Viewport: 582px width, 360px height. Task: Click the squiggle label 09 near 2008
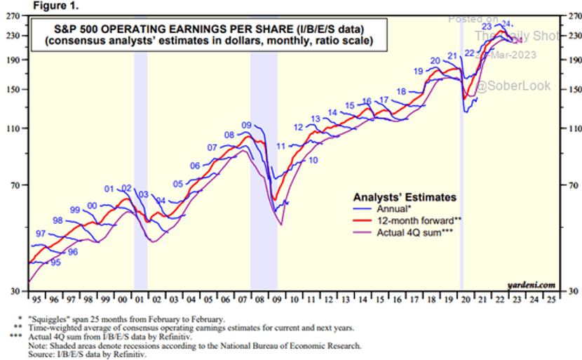[246, 125]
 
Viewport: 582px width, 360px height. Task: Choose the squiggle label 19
[419, 71]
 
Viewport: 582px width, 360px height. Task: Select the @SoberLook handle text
[513, 86]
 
